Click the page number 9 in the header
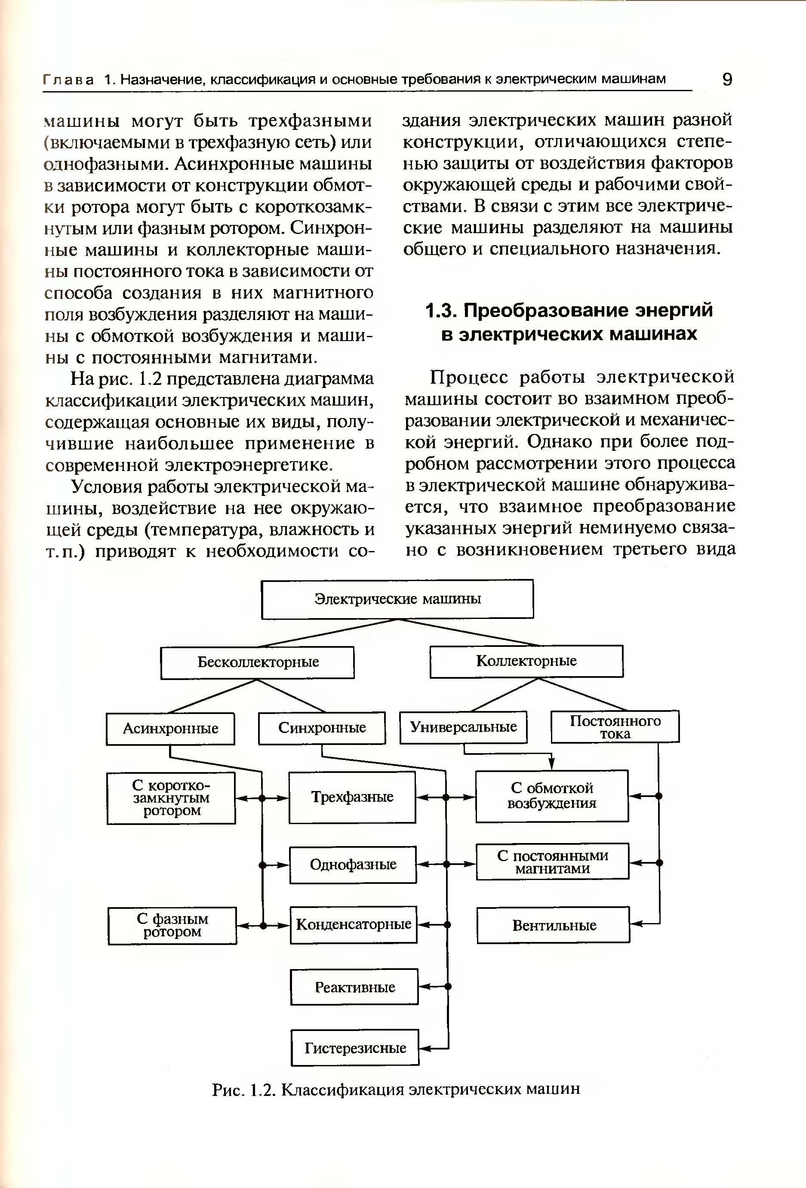tap(727, 80)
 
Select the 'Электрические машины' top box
tap(397, 599)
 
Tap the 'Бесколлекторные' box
tap(258, 662)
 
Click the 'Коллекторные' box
tap(526, 662)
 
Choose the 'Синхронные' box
tap(322, 728)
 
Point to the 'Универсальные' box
tap(463, 727)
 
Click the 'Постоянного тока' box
tap(615, 726)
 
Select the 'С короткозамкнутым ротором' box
tap(171, 798)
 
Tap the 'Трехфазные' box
tap(352, 797)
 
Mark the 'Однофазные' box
tap(353, 865)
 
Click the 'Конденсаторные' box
tap(353, 924)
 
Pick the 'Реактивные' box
tap(354, 987)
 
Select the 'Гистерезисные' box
tap(355, 1048)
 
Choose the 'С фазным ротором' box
tap(172, 925)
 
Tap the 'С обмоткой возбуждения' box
tap(552, 796)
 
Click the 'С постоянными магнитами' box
tap(553, 862)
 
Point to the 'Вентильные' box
tap(554, 925)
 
